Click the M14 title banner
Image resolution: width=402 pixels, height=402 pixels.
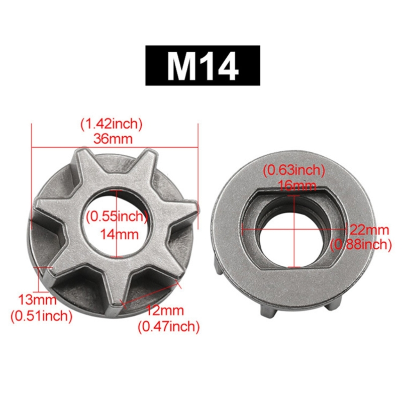[x=203, y=65]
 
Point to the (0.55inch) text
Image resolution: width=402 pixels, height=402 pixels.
[x=116, y=217]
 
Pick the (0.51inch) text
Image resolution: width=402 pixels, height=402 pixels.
[x=41, y=316]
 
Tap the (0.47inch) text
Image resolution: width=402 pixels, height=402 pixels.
[x=169, y=327]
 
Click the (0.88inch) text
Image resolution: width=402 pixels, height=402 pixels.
[x=361, y=245]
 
